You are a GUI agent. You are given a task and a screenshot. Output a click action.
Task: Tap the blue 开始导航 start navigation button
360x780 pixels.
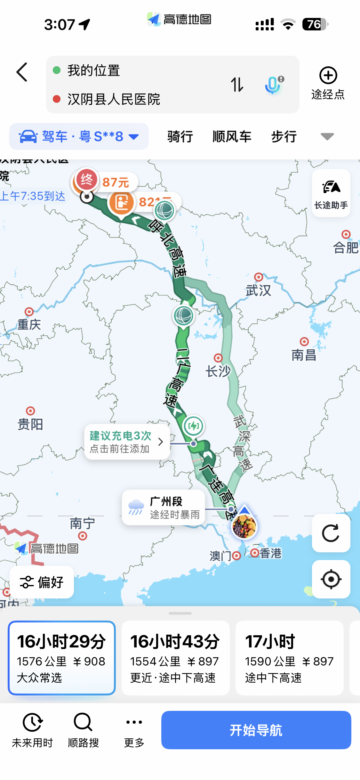pyautogui.click(x=256, y=730)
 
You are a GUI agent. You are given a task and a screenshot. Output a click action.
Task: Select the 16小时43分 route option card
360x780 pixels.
pyautogui.click(x=175, y=658)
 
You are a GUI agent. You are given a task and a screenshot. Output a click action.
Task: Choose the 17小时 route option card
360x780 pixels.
pyautogui.click(x=289, y=658)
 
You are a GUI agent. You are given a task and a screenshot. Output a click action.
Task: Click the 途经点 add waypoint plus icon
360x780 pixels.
pyautogui.click(x=328, y=76)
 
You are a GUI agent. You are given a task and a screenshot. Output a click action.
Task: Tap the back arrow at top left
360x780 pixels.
pyautogui.click(x=22, y=72)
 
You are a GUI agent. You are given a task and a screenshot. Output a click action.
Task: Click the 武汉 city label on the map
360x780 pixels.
pyautogui.click(x=258, y=290)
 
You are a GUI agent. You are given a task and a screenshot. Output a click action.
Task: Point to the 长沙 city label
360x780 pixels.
pyautogui.click(x=218, y=371)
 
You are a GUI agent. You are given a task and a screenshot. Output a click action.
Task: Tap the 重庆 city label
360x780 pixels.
pyautogui.click(x=29, y=324)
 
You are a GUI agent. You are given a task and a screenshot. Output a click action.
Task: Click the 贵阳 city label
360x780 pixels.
pyautogui.click(x=30, y=424)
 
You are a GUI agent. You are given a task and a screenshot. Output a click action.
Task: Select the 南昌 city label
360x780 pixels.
pyautogui.click(x=304, y=355)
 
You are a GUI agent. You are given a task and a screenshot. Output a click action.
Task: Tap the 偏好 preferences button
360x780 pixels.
pyautogui.click(x=42, y=582)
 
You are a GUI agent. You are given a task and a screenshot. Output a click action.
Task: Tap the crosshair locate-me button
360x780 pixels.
pyautogui.click(x=331, y=579)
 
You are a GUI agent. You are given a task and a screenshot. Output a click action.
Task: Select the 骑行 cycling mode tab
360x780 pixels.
pyautogui.click(x=180, y=137)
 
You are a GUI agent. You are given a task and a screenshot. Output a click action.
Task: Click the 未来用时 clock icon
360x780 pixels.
pyautogui.click(x=32, y=722)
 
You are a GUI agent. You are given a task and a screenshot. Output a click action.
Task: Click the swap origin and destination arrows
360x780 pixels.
pyautogui.click(x=237, y=85)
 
